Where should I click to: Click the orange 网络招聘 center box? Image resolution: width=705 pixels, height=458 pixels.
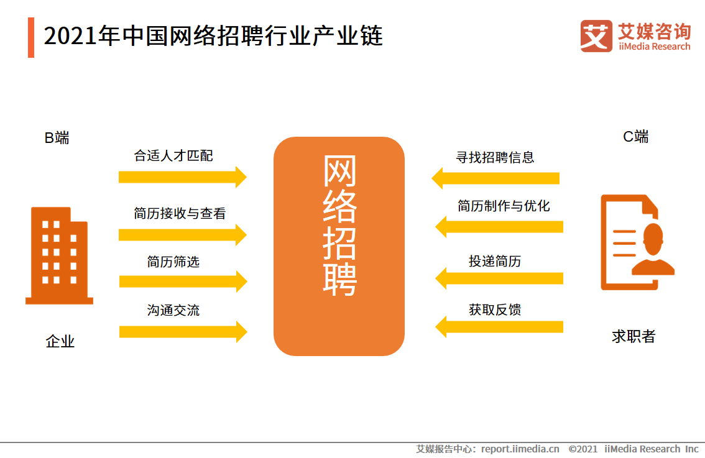(x=339, y=246)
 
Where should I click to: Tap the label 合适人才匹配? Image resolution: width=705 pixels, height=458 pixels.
(x=173, y=155)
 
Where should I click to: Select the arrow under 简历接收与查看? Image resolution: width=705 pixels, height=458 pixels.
(x=183, y=235)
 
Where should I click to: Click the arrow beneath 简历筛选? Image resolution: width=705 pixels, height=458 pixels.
(x=183, y=282)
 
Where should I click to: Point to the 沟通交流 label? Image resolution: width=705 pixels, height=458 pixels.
(x=173, y=310)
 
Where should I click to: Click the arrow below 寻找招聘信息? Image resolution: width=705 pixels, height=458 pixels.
(x=495, y=178)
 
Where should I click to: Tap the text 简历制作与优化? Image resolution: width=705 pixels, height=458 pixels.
(x=504, y=206)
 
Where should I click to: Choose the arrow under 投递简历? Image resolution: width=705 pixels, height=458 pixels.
(x=499, y=278)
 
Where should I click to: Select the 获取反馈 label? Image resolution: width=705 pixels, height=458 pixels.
(x=495, y=309)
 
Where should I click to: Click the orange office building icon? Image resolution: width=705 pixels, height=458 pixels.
(x=59, y=256)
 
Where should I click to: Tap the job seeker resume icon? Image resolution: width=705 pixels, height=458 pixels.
(x=638, y=242)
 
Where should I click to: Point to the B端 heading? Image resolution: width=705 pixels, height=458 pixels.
(x=57, y=137)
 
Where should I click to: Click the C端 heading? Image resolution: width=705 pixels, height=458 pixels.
(x=636, y=136)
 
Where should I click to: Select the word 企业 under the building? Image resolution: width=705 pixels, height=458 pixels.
(x=60, y=341)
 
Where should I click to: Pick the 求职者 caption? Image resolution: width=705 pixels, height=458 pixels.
(x=634, y=336)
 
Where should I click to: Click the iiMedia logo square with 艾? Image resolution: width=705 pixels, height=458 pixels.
(x=596, y=36)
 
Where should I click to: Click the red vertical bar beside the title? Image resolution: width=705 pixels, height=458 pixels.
(x=31, y=38)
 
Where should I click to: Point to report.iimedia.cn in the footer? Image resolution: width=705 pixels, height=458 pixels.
(x=520, y=449)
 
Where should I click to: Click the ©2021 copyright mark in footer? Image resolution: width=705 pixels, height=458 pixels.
(x=583, y=449)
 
